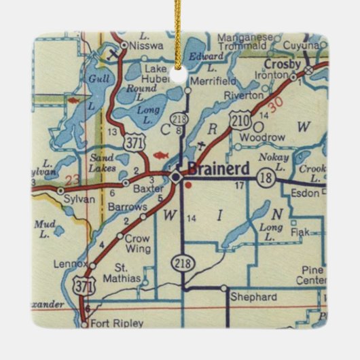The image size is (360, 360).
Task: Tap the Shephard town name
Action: [x=253, y=298]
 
